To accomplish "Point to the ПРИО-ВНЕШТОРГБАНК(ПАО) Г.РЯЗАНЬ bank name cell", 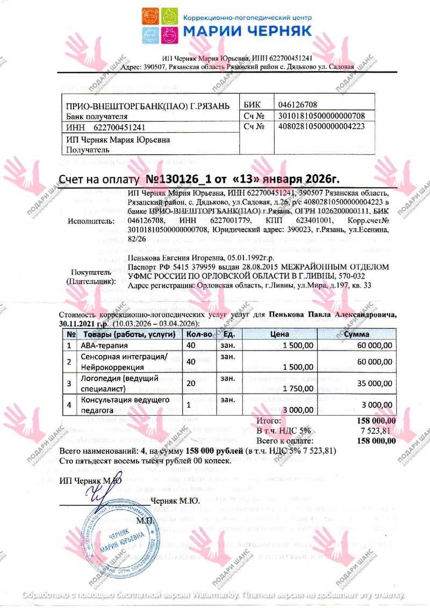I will [147, 106].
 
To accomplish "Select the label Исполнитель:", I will [91, 220].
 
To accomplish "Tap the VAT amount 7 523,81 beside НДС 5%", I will [380, 431].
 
